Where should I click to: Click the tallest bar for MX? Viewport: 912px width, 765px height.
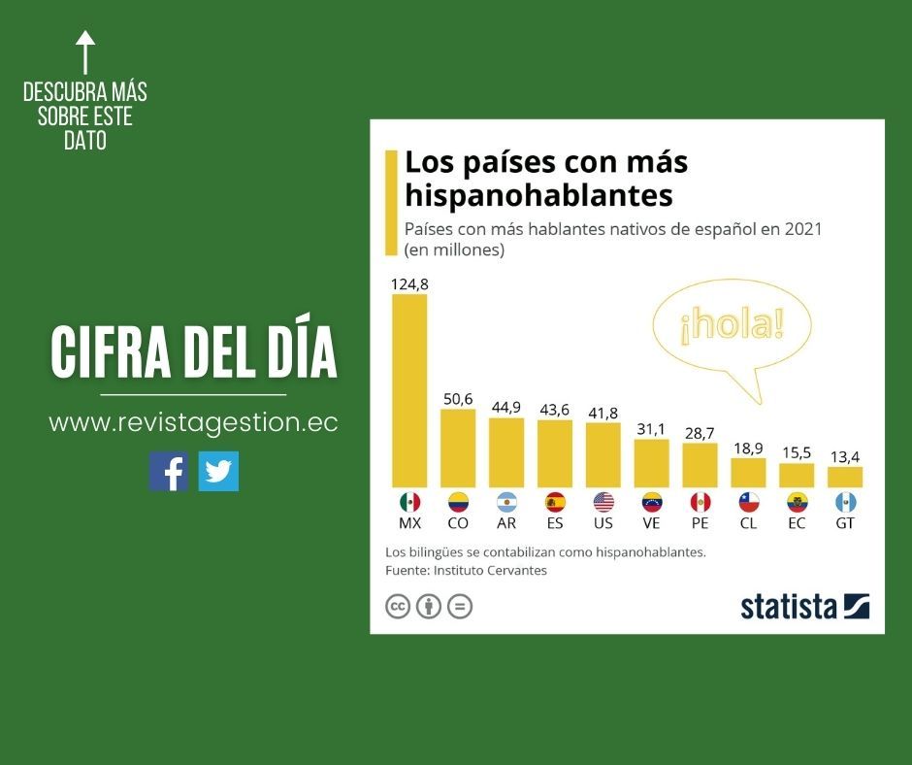pos(409,390)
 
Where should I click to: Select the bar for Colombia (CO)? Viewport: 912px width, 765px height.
pos(458,448)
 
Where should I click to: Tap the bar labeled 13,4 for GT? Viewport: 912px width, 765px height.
pos(845,477)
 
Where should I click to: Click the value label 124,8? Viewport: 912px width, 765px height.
pos(409,284)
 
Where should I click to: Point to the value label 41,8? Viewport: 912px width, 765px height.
pos(603,414)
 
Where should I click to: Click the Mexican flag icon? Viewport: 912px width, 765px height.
pos(409,502)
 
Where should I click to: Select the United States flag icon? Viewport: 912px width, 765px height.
pos(603,502)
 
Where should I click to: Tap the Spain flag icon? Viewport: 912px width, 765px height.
pos(555,502)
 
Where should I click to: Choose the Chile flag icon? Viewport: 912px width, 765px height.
pos(748,502)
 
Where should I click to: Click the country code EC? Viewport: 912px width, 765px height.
pos(797,523)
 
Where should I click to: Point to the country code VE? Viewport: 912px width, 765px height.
pos(652,523)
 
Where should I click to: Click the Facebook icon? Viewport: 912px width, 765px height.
pos(169,472)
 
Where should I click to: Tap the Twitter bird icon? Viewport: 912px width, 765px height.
pos(218,472)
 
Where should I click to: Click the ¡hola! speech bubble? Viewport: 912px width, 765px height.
pos(732,327)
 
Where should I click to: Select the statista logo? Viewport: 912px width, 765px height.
pos(804,606)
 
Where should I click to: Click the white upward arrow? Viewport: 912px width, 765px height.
pos(85,51)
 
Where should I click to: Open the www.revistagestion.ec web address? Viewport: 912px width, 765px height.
pos(193,423)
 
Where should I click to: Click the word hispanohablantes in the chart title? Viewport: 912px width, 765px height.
pos(538,195)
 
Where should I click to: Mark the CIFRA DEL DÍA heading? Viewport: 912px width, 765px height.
pos(194,353)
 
